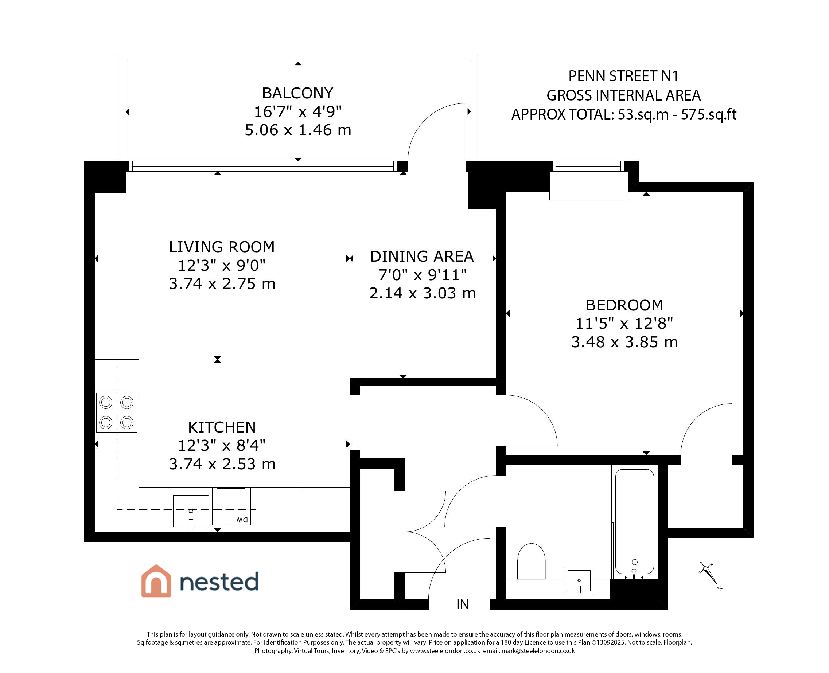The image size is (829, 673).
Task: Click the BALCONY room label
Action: (x=297, y=93)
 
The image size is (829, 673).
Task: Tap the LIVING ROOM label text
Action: (x=222, y=247)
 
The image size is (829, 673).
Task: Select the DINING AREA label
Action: (x=422, y=256)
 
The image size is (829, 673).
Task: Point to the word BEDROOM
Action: (x=624, y=305)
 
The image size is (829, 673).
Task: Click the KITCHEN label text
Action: (x=222, y=427)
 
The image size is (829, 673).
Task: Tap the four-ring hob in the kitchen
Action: (x=116, y=412)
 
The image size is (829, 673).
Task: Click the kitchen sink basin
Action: (x=191, y=511)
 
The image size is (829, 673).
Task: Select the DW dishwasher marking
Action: (x=242, y=520)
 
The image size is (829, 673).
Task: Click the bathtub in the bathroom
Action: (x=635, y=522)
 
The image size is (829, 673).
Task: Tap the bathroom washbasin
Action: (x=579, y=581)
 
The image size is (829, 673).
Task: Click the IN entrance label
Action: (x=462, y=604)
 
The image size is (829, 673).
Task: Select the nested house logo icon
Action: (x=156, y=581)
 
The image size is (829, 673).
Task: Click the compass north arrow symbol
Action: (x=711, y=576)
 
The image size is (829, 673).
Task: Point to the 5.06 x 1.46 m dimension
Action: (x=298, y=130)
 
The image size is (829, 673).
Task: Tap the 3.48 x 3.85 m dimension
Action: (x=624, y=342)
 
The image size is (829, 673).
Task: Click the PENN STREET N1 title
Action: (x=623, y=77)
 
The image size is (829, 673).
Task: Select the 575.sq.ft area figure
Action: (x=708, y=115)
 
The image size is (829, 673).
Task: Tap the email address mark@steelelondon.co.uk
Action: (x=538, y=651)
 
